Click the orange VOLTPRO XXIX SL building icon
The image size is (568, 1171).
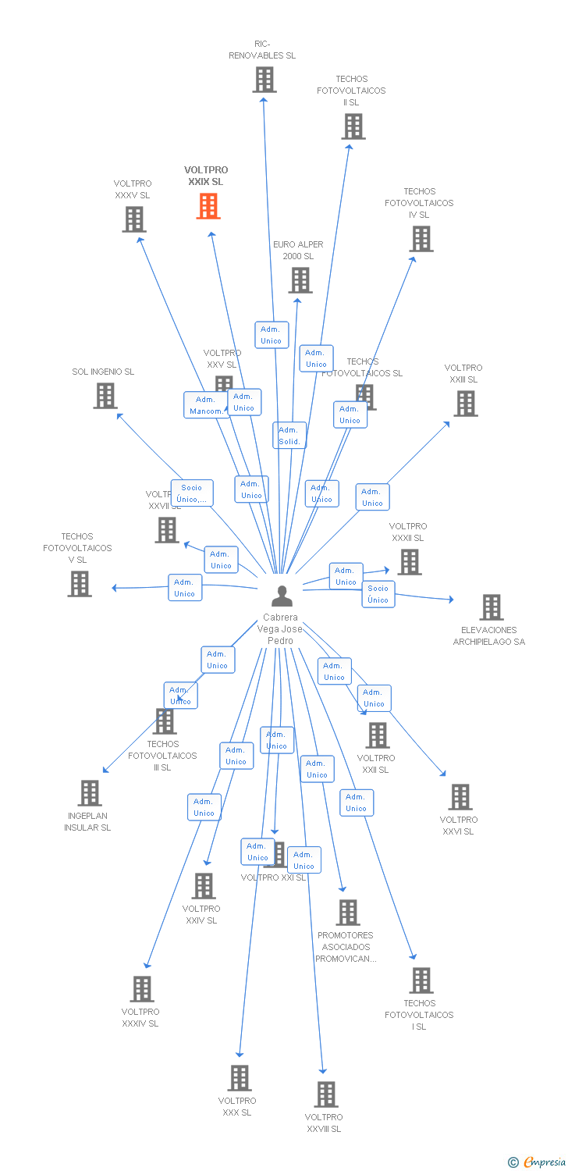point(208,206)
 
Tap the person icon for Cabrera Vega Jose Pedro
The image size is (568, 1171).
point(282,596)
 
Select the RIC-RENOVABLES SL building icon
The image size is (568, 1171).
point(264,80)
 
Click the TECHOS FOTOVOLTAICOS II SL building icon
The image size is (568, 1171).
point(353,126)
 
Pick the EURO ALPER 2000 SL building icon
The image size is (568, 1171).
point(300,280)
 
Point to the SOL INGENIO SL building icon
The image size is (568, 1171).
point(105,396)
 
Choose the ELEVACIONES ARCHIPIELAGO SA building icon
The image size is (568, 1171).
point(491,607)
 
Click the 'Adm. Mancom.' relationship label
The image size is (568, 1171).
point(207,405)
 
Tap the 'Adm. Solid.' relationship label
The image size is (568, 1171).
point(289,436)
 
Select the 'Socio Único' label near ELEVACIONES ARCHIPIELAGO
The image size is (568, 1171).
point(378,594)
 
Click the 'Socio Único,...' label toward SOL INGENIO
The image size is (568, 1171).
point(192,493)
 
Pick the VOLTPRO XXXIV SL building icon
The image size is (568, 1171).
point(141,989)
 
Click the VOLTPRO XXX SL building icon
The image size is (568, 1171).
point(239,1078)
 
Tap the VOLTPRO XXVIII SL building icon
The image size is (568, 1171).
point(325,1094)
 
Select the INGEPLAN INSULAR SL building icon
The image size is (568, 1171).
point(90,793)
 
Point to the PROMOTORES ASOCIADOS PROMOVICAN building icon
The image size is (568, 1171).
point(347,913)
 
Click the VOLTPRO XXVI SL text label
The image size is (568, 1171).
point(458,825)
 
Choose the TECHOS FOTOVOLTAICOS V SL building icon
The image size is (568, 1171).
point(79,584)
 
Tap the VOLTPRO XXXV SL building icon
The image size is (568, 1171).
point(133,219)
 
